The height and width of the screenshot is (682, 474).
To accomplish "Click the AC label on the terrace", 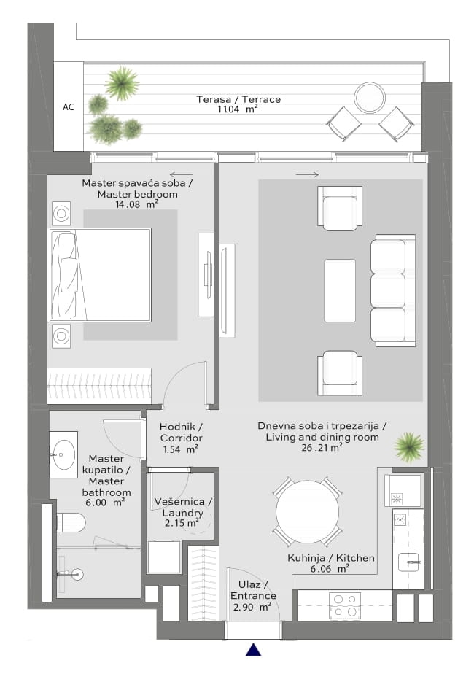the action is coord(69,107).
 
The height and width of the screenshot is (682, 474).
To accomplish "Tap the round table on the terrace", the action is coord(370,98).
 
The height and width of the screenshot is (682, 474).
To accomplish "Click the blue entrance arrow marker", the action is coord(253,649).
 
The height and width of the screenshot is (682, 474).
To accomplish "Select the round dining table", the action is coord(308,511).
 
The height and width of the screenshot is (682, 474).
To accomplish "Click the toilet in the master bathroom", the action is coord(71,522).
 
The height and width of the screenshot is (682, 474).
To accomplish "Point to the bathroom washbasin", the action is coord(63,454).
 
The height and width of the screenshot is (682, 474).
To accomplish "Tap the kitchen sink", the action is coord(409,562).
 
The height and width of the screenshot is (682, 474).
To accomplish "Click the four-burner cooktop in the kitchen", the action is coord(345,605).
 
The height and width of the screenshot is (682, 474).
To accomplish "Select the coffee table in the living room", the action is coord(340,290).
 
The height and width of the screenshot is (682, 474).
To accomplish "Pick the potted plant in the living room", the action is coord(409,447).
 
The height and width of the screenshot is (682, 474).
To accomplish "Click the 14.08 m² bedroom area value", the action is coord(136,204).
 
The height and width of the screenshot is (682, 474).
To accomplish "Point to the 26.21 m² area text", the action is coord(322,448).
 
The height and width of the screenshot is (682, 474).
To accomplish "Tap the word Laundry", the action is coord(182,513).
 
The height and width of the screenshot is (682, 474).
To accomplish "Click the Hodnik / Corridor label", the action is coord(181,433).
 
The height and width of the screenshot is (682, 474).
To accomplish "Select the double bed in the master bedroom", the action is coord(100,275).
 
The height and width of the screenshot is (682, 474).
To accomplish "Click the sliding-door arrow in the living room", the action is coord(307,175).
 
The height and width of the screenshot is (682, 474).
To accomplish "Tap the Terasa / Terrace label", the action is coord(238,99).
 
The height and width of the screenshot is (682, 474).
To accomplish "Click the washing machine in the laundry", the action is coord(164,557).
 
